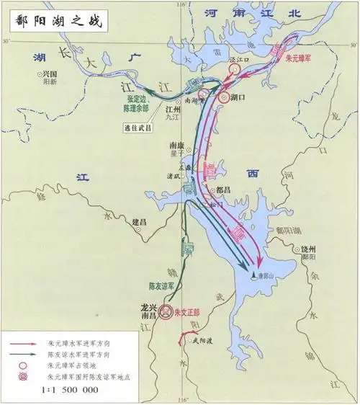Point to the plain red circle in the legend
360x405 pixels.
tap(24, 365)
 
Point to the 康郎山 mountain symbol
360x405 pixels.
tap(253, 275)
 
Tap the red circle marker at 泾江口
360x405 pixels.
tap(235, 69)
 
